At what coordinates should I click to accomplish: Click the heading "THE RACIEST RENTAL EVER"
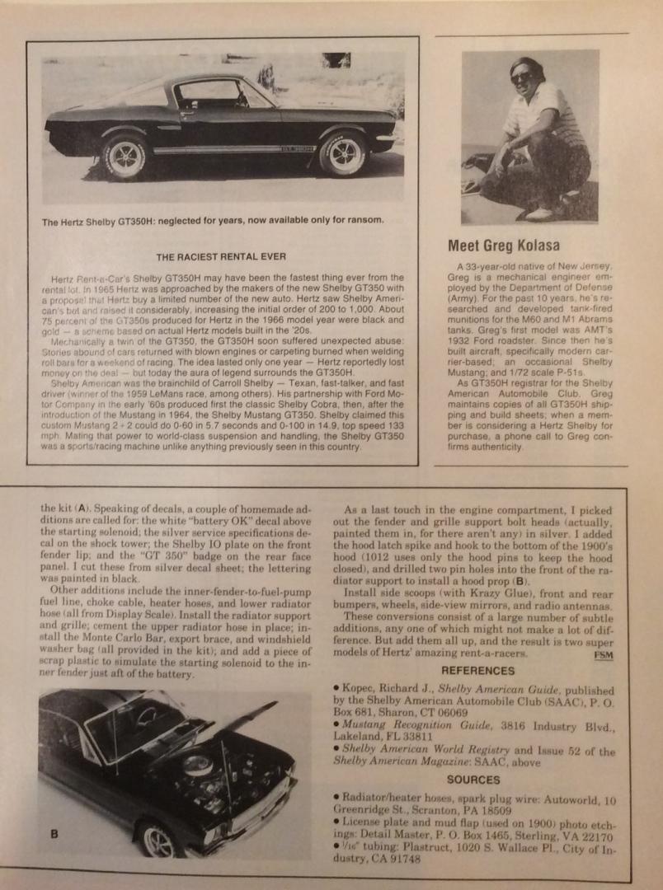(x=221, y=256)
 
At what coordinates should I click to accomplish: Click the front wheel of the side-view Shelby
(x=342, y=153)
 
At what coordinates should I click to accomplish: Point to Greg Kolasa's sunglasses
(x=522, y=77)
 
